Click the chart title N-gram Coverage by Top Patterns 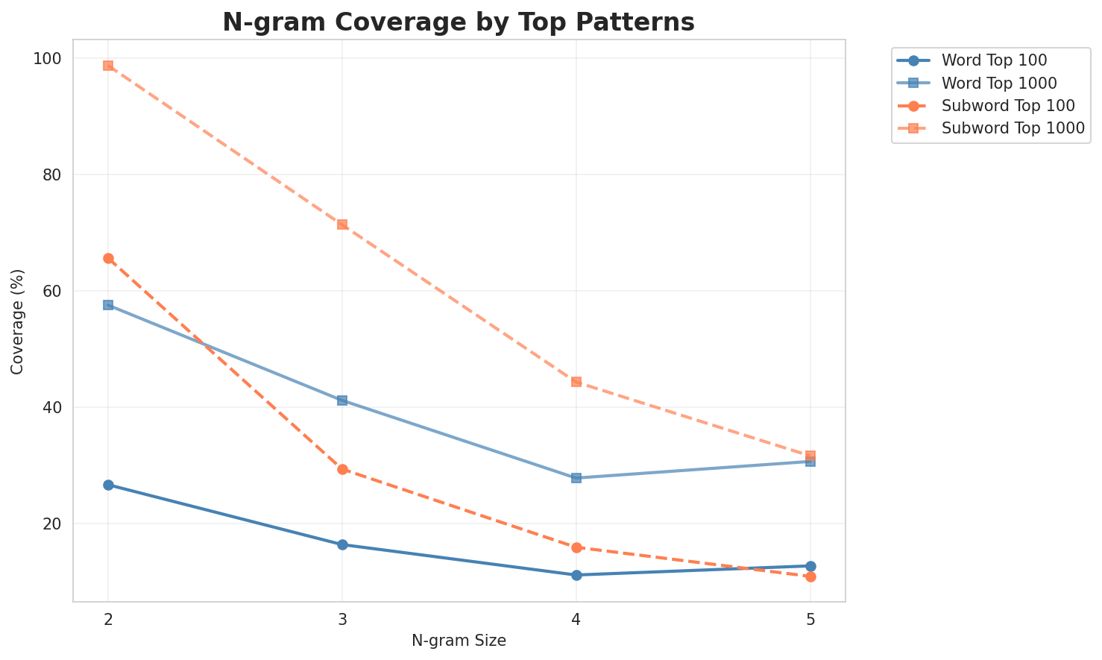click(459, 22)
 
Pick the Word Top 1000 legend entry click(999, 83)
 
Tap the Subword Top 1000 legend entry click(1013, 128)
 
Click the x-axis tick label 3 click(342, 620)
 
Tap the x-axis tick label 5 click(810, 620)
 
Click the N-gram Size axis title click(459, 641)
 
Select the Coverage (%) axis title click(18, 321)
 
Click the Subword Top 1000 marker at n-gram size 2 click(108, 66)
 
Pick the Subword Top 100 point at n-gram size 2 click(108, 259)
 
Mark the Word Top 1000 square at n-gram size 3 click(342, 400)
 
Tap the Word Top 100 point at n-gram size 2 click(108, 485)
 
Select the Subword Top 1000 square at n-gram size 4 click(576, 382)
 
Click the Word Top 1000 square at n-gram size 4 click(576, 478)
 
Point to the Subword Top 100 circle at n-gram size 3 click(342, 469)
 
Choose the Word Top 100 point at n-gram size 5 click(810, 566)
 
